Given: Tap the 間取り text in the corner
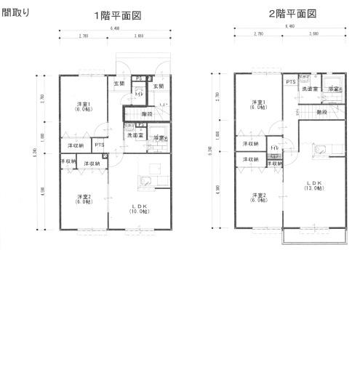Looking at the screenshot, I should coord(15,12).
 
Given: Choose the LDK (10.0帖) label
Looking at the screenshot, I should coord(138,209).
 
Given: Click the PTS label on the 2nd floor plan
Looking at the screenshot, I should coord(290,83).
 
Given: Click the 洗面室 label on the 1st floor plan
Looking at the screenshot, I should coord(136,135).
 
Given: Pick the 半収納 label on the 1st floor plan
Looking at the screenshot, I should coord(67,161).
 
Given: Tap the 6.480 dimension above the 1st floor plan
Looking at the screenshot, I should coord(115,28).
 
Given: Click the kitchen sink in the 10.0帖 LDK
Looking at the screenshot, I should coord(145,182).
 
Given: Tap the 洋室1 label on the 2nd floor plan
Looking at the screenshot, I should coord(257,104).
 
